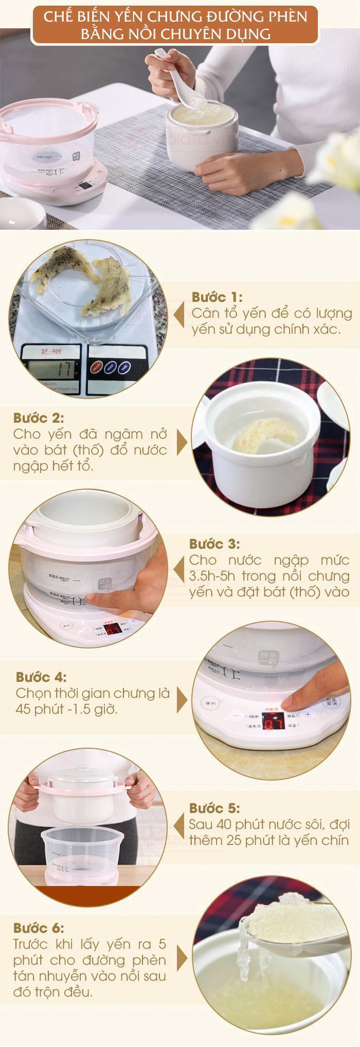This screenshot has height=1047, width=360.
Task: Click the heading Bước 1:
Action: (217, 297)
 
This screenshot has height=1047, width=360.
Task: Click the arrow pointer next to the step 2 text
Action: (182, 441)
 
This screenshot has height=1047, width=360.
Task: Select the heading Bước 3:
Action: (214, 544)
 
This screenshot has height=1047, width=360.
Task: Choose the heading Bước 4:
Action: (41, 677)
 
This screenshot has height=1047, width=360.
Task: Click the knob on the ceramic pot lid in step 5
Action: (87, 768)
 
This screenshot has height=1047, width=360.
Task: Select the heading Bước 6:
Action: (39, 928)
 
